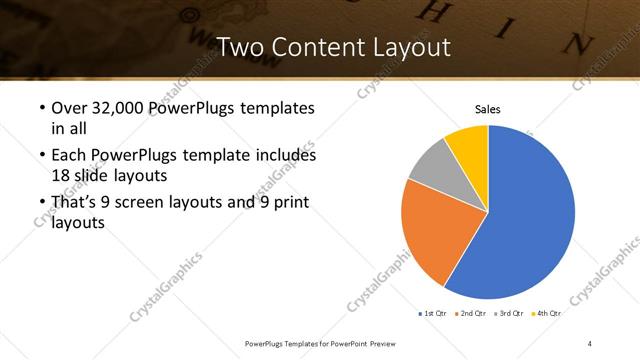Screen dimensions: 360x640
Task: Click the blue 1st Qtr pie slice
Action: click(530, 220)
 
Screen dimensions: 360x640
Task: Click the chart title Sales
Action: click(487, 109)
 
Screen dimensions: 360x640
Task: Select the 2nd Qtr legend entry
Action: click(472, 313)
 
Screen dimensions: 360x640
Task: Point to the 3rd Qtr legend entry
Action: click(510, 313)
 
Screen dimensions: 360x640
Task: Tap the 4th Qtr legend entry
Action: click(547, 313)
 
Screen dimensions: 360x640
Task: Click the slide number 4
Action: click(590, 343)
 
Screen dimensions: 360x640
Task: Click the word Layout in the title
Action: click(410, 47)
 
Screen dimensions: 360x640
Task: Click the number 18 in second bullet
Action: click(60, 174)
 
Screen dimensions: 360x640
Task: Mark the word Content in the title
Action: click(316, 47)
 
